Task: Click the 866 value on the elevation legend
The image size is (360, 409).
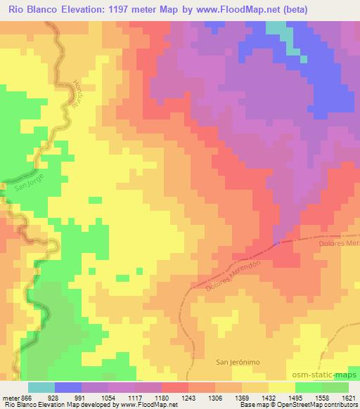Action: tap(27, 397)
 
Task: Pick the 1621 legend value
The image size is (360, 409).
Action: tap(348, 397)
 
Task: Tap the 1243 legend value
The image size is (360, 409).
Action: tap(188, 397)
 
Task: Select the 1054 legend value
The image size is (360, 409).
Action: tap(108, 397)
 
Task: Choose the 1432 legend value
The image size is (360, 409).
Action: tap(269, 397)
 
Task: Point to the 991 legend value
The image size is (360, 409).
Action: tap(82, 397)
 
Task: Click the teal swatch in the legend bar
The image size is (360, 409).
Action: tap(41, 387)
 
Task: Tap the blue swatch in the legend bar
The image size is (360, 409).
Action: tap(68, 387)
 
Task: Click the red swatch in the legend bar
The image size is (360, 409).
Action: tap(175, 387)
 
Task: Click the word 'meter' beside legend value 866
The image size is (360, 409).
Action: tap(9, 397)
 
